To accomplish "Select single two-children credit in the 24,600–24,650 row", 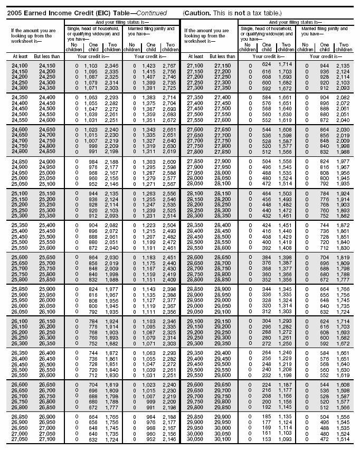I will click(x=111, y=129).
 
